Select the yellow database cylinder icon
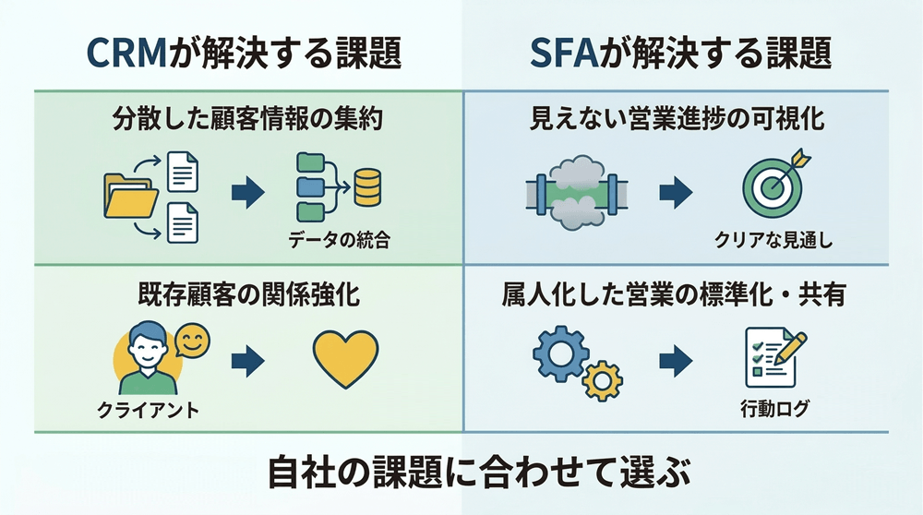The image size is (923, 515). pos(368,186)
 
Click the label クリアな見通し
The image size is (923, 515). pos(773,242)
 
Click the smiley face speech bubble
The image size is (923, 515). pos(193,341)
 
